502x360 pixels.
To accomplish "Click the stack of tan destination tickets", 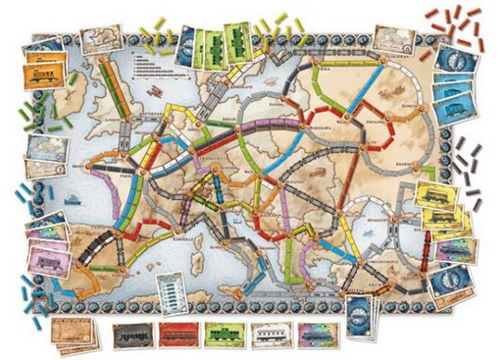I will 73,334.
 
